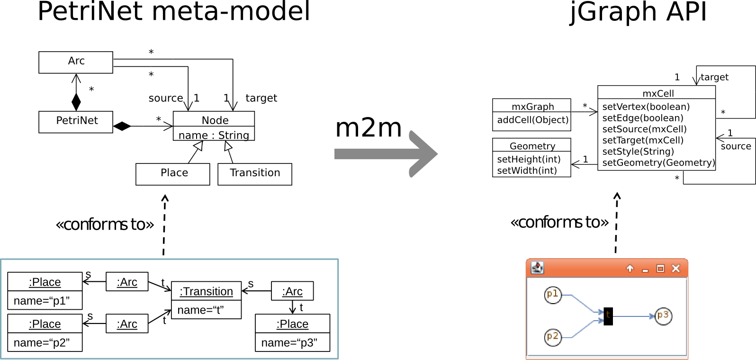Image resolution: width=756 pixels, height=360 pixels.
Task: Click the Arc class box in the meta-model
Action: coord(76,62)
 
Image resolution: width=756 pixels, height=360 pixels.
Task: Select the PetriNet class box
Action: coord(76,122)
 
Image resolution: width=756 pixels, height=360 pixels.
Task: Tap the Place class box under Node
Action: coord(173,174)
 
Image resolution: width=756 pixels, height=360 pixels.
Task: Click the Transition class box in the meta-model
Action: coord(255,174)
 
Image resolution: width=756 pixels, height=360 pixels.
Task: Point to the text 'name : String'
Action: coord(214,135)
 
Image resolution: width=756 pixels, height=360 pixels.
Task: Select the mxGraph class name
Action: coord(532,106)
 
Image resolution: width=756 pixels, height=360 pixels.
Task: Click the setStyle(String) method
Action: coord(638,152)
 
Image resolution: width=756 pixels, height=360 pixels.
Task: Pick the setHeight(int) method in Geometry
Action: coord(529,159)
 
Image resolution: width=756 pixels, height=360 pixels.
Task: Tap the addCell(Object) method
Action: coord(532,120)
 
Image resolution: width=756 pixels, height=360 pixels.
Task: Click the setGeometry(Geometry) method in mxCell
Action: coord(658,163)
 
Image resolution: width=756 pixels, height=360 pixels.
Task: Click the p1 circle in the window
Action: coord(553,295)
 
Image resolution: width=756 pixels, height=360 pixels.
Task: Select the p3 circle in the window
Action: coord(663,316)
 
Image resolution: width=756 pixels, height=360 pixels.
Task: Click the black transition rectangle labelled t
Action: coord(608,316)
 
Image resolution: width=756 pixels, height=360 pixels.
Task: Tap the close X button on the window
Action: coord(676,269)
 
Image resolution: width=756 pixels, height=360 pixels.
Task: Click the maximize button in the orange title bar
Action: coord(660,269)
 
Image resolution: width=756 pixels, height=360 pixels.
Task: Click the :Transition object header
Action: coord(206,291)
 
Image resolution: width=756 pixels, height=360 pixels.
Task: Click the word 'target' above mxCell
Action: coord(714,77)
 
